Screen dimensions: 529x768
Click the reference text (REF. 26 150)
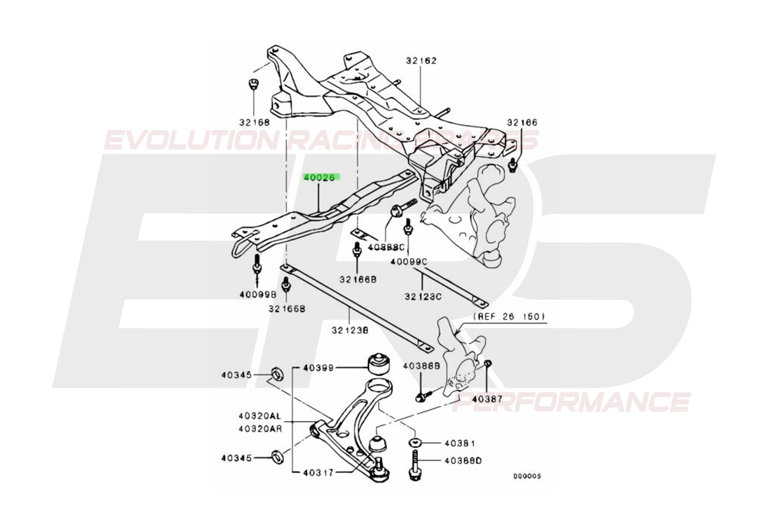tap(509, 317)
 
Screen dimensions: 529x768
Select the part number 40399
tap(318, 368)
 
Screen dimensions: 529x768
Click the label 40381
tap(448, 444)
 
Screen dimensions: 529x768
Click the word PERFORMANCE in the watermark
tap(572, 402)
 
